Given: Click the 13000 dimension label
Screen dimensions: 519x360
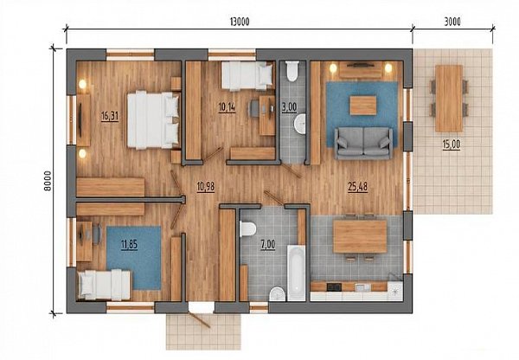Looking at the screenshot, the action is [x=240, y=22].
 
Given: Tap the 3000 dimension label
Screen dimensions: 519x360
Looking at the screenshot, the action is [x=452, y=22].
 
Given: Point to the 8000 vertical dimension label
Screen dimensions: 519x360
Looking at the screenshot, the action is [x=48, y=181].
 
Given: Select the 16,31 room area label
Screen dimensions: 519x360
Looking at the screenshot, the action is [x=110, y=116].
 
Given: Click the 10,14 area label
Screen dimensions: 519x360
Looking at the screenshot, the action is [x=227, y=107].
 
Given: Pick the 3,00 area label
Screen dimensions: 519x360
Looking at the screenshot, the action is [x=289, y=107].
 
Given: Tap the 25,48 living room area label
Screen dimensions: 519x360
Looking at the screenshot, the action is [x=358, y=187].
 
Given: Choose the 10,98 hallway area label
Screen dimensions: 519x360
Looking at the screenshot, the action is [x=206, y=187].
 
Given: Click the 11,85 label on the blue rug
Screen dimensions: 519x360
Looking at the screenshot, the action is [x=129, y=246].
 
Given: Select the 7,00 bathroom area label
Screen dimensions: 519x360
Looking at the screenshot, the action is [x=268, y=245].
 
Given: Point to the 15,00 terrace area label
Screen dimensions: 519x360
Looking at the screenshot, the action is [x=452, y=145].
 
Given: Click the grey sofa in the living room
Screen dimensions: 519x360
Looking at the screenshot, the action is [x=364, y=142].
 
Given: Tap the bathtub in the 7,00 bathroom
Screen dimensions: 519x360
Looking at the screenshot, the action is [x=296, y=273].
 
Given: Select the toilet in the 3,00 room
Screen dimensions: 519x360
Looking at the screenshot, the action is [x=292, y=71].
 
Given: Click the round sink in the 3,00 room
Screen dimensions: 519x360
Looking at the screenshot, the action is [x=300, y=124].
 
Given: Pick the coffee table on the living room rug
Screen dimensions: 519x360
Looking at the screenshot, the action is [x=363, y=106].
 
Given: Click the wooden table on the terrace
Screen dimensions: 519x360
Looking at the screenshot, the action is [x=449, y=99].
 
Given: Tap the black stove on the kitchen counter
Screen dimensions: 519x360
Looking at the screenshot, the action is [x=334, y=286].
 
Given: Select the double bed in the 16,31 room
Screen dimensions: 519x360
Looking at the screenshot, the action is [x=153, y=120].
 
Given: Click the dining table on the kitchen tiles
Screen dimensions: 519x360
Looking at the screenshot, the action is [x=360, y=236].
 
